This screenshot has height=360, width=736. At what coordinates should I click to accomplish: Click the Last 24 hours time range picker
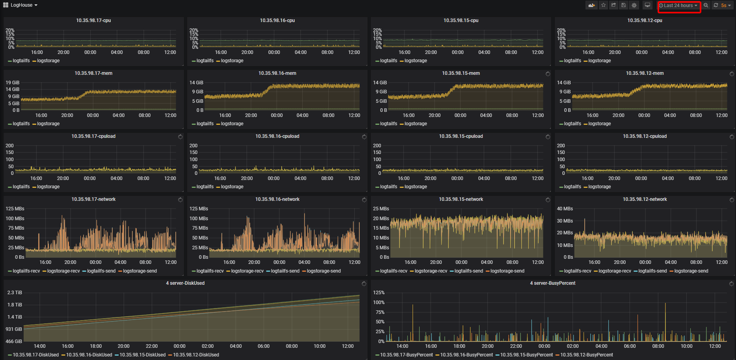click(678, 6)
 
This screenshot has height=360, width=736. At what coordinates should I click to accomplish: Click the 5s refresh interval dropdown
click(725, 6)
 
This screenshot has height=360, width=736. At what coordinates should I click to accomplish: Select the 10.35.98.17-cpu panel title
click(93, 20)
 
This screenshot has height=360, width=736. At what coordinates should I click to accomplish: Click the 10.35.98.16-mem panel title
click(277, 73)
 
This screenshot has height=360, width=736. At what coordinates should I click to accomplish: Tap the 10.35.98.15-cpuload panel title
click(461, 136)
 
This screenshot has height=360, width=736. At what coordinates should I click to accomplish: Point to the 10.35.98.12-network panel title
click(645, 199)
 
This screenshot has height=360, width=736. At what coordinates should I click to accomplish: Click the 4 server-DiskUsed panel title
click(185, 283)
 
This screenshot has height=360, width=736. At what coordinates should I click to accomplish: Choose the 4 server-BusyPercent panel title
click(552, 283)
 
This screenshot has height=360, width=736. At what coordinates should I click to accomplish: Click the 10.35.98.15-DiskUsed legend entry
click(142, 355)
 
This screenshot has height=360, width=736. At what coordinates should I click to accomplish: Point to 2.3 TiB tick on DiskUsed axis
click(15, 293)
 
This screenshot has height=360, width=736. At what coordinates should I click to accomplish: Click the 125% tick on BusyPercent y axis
click(379, 293)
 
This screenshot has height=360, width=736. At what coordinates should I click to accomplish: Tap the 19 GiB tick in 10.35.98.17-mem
click(12, 83)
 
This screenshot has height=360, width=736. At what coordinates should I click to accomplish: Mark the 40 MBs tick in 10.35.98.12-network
click(565, 209)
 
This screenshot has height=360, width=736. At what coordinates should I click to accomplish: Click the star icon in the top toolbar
click(603, 5)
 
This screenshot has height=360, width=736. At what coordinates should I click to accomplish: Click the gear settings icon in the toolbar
click(634, 5)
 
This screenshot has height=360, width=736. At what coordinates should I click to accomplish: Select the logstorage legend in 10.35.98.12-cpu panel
click(599, 61)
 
